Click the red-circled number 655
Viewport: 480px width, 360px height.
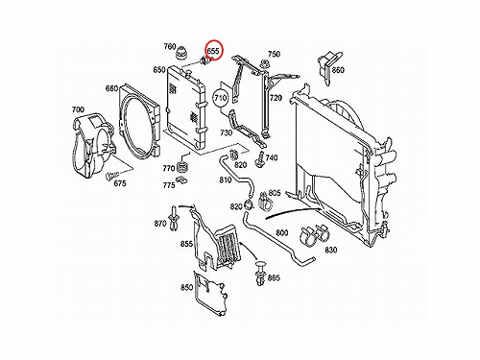tap(213, 51)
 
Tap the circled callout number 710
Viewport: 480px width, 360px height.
tap(221, 98)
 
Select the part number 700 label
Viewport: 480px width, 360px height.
tap(78, 109)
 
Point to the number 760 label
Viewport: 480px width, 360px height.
tap(170, 47)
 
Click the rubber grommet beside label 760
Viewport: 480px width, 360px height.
tap(181, 54)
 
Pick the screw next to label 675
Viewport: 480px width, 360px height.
tap(111, 175)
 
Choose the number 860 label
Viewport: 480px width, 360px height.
tap(338, 70)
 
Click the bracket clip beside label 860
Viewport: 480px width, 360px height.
tap(328, 67)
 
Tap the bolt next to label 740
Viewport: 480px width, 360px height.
tap(260, 159)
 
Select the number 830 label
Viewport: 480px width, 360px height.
tap(330, 250)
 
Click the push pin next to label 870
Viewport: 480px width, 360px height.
tap(174, 219)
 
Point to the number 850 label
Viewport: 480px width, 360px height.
tap(186, 287)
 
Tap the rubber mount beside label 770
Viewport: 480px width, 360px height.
tap(182, 166)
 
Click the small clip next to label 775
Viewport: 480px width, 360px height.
tap(181, 180)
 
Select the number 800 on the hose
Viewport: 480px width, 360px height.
tap(281, 233)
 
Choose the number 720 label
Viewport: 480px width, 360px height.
tap(276, 98)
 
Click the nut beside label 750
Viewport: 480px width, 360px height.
tap(264, 64)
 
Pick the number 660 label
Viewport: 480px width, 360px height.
tap(111, 88)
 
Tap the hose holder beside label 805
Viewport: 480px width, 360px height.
tap(265, 202)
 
